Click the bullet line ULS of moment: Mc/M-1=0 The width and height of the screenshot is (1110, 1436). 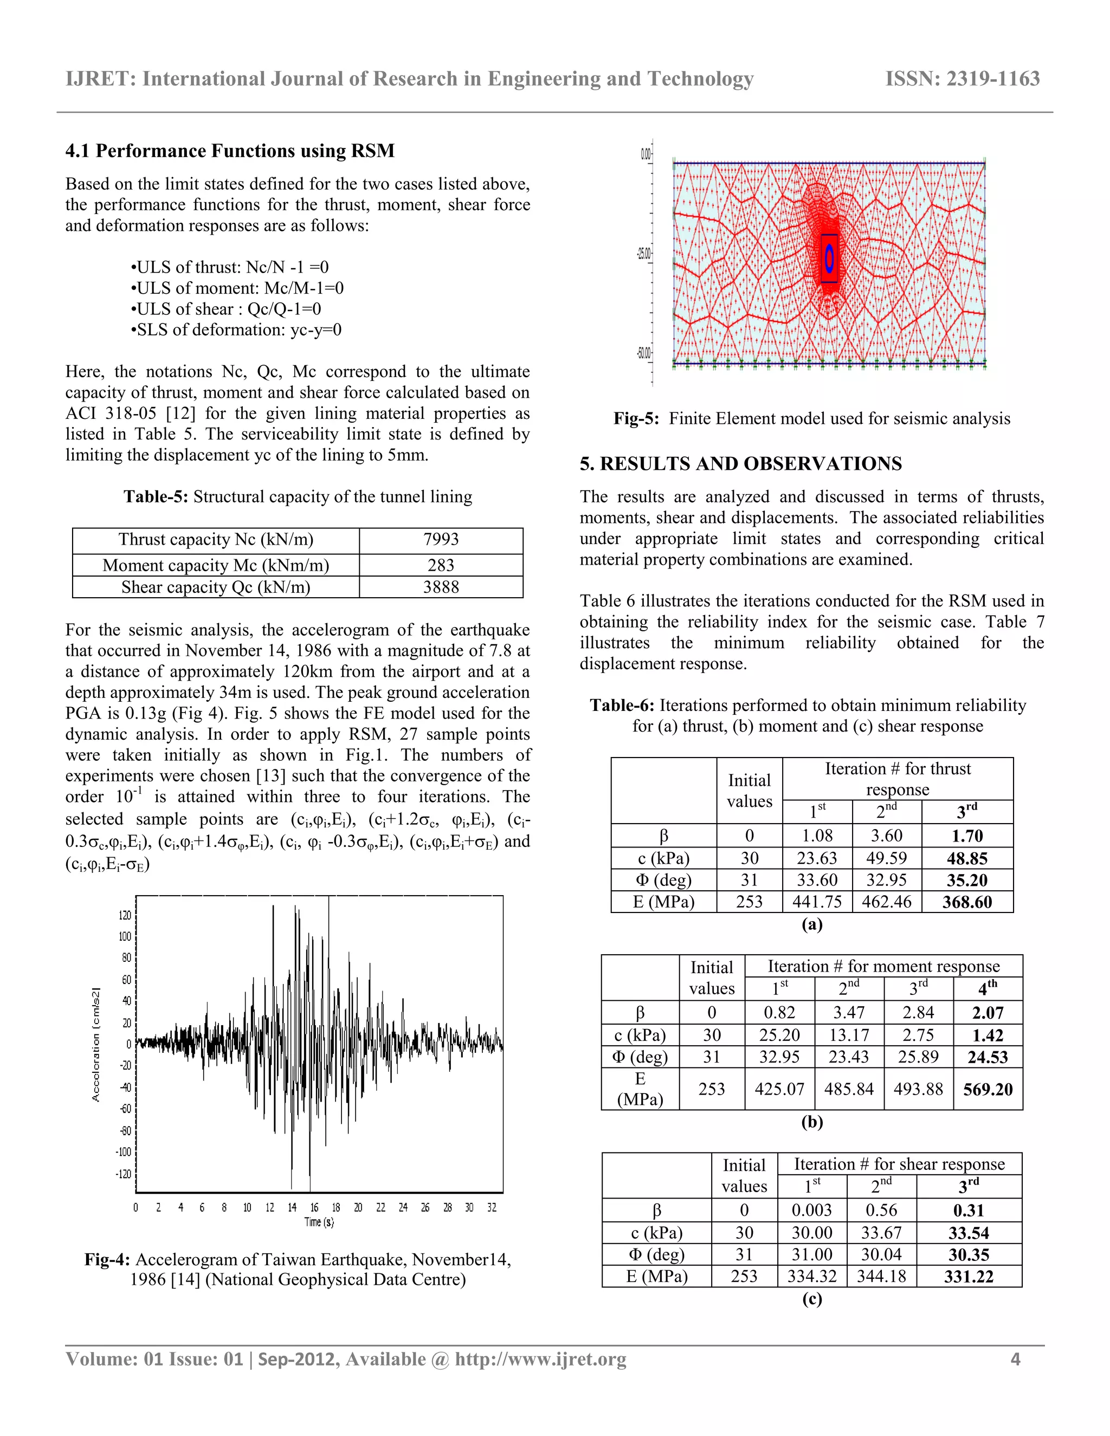237,288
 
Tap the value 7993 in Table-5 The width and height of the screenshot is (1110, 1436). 441,539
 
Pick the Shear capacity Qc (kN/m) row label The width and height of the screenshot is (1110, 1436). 216,587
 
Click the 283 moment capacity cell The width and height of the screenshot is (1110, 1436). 441,565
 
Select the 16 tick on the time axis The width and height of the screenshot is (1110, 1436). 314,1207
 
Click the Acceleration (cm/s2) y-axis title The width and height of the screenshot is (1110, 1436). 96,1044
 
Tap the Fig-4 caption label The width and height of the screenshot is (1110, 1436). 108,1259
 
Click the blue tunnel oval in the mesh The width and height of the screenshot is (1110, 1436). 829,258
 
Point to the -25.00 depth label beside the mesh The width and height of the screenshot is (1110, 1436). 643,254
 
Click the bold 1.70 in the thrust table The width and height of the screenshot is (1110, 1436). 967,836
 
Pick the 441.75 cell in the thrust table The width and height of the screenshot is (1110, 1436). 817,902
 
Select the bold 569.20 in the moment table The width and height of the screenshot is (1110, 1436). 987,1090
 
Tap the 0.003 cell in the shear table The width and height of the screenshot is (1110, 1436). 811,1210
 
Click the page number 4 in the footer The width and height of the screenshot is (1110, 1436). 1015,1359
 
